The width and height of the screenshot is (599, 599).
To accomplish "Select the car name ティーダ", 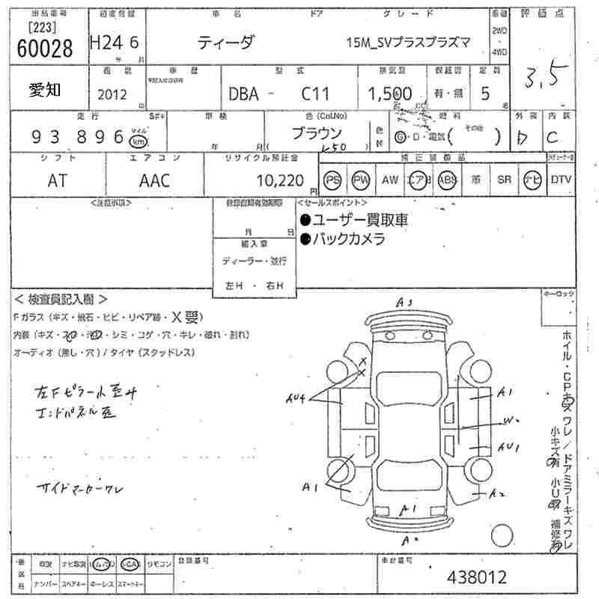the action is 225,43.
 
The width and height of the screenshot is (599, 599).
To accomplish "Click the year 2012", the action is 112,94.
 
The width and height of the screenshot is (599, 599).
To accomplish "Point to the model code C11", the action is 314,94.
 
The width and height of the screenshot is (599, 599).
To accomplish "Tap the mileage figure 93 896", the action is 78,137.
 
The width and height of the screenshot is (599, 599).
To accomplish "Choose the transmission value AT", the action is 58,180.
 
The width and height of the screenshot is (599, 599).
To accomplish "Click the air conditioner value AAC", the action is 154,180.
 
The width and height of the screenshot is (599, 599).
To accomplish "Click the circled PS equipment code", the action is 333,180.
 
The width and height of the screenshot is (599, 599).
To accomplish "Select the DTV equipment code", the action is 561,180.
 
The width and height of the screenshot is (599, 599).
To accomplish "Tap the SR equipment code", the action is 504,180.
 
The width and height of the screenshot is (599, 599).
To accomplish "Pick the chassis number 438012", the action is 476,577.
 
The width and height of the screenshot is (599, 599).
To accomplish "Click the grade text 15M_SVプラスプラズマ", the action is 409,43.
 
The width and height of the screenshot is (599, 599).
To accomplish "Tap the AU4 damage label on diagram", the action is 297,399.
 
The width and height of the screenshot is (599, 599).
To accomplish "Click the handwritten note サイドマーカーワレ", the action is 82,488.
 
